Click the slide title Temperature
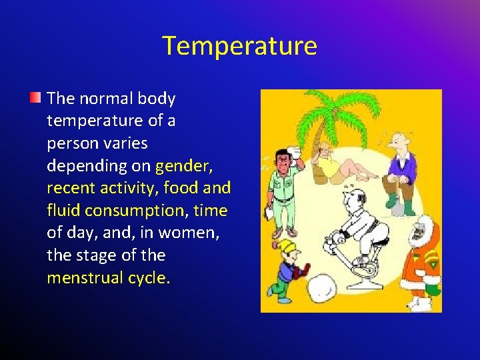click(x=239, y=46)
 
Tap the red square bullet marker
click(x=36, y=99)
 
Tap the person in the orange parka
click(x=421, y=257)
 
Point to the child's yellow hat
click(x=287, y=247)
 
